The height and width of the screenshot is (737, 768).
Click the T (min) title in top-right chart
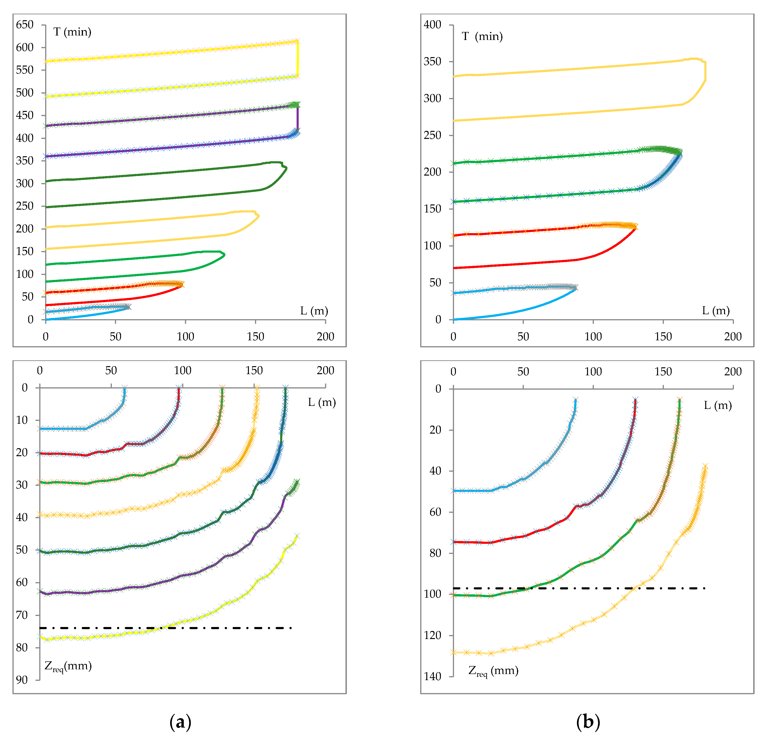point(482,36)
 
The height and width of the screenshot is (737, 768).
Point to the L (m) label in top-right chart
point(716,311)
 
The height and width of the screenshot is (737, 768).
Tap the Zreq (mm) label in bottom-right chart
point(493,670)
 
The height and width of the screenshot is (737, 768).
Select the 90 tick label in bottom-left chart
point(22,680)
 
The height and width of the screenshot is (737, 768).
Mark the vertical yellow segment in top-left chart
point(298,59)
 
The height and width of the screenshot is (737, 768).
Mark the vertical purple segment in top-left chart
point(298,118)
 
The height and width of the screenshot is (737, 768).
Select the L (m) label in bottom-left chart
point(322,402)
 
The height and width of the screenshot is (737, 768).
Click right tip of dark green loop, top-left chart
point(287,168)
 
